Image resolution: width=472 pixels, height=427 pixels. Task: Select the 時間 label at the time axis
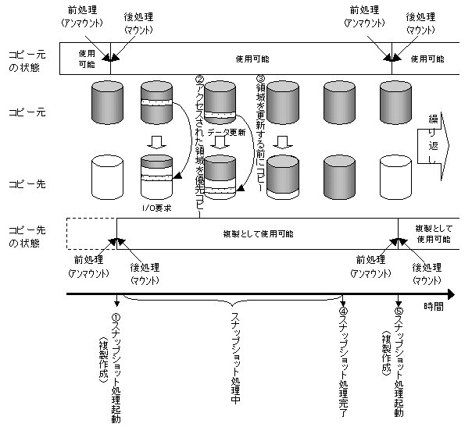pyautogui.click(x=434, y=307)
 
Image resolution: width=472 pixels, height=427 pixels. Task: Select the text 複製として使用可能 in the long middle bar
pyautogui.click(x=259, y=233)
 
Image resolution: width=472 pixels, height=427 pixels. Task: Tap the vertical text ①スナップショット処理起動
pyautogui.click(x=116, y=367)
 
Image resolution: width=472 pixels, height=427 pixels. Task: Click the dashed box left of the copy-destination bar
pyautogui.click(x=90, y=233)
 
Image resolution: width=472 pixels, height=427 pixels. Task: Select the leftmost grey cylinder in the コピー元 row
pyautogui.click(x=107, y=100)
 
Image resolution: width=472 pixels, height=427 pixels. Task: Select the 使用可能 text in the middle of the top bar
pyautogui.click(x=251, y=59)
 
